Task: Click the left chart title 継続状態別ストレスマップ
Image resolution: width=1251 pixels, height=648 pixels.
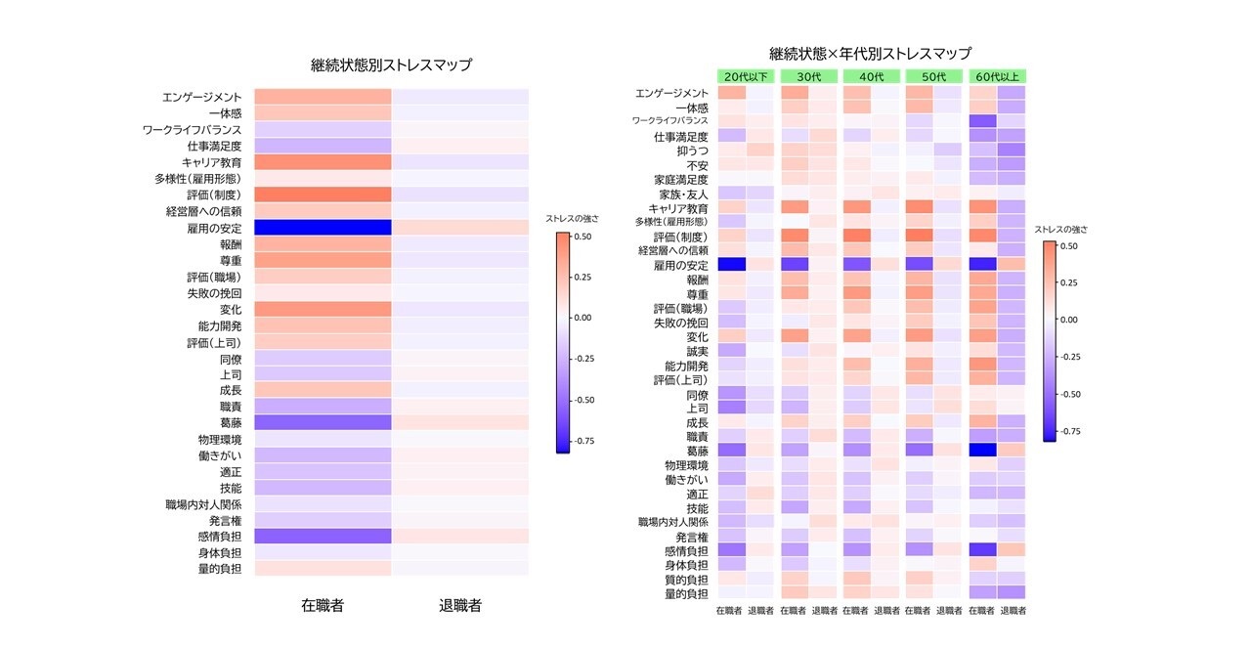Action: click(390, 66)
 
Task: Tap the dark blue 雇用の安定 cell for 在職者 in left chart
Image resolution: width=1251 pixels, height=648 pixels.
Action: click(323, 227)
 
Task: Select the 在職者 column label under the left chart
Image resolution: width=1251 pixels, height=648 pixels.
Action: click(323, 606)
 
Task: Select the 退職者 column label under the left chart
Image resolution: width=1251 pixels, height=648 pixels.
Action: click(460, 606)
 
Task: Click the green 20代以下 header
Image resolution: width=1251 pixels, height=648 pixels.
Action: click(747, 76)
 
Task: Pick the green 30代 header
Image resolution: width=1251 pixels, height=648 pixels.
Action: click(809, 76)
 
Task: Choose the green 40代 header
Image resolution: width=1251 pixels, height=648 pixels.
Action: click(872, 76)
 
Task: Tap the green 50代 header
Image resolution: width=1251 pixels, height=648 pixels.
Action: click(934, 76)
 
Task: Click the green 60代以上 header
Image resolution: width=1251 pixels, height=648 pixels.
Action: click(997, 76)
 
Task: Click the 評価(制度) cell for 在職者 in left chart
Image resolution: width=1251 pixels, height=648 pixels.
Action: click(323, 194)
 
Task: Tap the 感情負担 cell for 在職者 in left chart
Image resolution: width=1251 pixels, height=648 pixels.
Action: click(323, 536)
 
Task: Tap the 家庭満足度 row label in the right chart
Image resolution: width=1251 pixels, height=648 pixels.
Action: click(680, 180)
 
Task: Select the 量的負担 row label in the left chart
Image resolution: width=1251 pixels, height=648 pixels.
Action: click(220, 568)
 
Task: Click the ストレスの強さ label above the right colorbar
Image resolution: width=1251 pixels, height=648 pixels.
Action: click(1061, 230)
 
